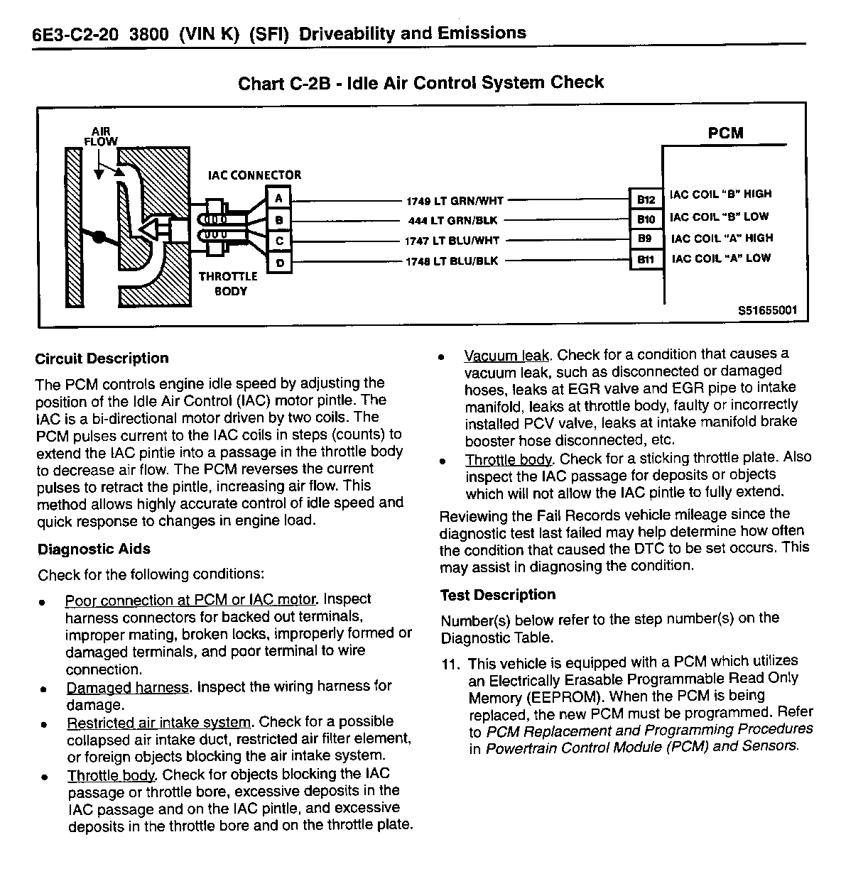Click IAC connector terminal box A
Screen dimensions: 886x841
click(279, 198)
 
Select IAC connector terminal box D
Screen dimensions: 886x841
click(279, 263)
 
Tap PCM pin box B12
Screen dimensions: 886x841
click(646, 199)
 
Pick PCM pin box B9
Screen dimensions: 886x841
click(646, 240)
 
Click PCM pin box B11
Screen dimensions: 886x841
click(646, 261)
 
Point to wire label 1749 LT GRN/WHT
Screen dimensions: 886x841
click(455, 201)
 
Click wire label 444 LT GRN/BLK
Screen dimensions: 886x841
click(455, 221)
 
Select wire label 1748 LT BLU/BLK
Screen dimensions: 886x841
click(452, 261)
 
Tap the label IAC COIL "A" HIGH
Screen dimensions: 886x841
click(722, 239)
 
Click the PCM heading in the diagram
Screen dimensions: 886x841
click(725, 133)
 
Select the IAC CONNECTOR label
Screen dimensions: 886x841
click(254, 175)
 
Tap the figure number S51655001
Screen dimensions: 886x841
click(767, 311)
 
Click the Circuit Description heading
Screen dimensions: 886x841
click(102, 359)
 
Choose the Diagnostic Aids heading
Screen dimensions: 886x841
click(94, 549)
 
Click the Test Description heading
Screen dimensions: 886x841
click(498, 595)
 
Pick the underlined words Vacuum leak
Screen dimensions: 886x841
click(506, 355)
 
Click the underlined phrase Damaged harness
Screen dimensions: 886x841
click(128, 687)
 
